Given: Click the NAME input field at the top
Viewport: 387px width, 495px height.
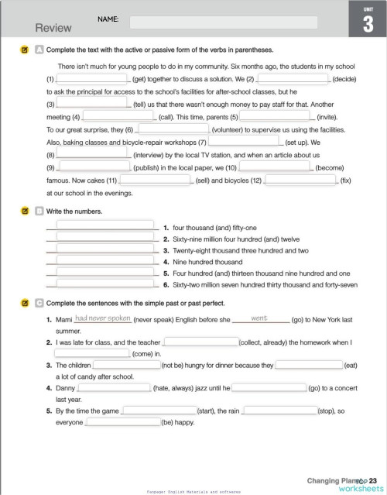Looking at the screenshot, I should coord(223,22).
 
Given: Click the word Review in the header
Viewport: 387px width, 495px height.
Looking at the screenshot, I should coord(53,28).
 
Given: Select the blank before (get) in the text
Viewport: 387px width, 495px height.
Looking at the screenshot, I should coord(91,78).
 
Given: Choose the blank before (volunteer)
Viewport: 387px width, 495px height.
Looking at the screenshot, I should coord(173,129).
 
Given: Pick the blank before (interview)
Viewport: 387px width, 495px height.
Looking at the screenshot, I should coord(91,154).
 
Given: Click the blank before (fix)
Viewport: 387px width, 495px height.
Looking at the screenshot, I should coord(301,179).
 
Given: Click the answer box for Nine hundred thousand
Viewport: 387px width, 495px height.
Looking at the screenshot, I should coord(105,262).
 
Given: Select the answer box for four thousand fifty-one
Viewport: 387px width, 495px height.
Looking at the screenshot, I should coord(105,227).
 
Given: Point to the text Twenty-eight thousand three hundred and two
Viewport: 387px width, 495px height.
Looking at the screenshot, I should coord(241,251).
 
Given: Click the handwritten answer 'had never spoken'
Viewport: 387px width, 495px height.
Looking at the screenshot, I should coord(102,318).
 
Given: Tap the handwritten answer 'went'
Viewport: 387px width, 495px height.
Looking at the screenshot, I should coord(259,318).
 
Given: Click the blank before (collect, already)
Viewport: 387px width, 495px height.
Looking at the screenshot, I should coord(200,342).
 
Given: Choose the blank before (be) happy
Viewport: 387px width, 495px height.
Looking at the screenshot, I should coord(122,422).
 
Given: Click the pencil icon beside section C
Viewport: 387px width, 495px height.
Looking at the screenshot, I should coord(25,303).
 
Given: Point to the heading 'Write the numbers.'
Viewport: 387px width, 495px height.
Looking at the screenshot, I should coord(74,211).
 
